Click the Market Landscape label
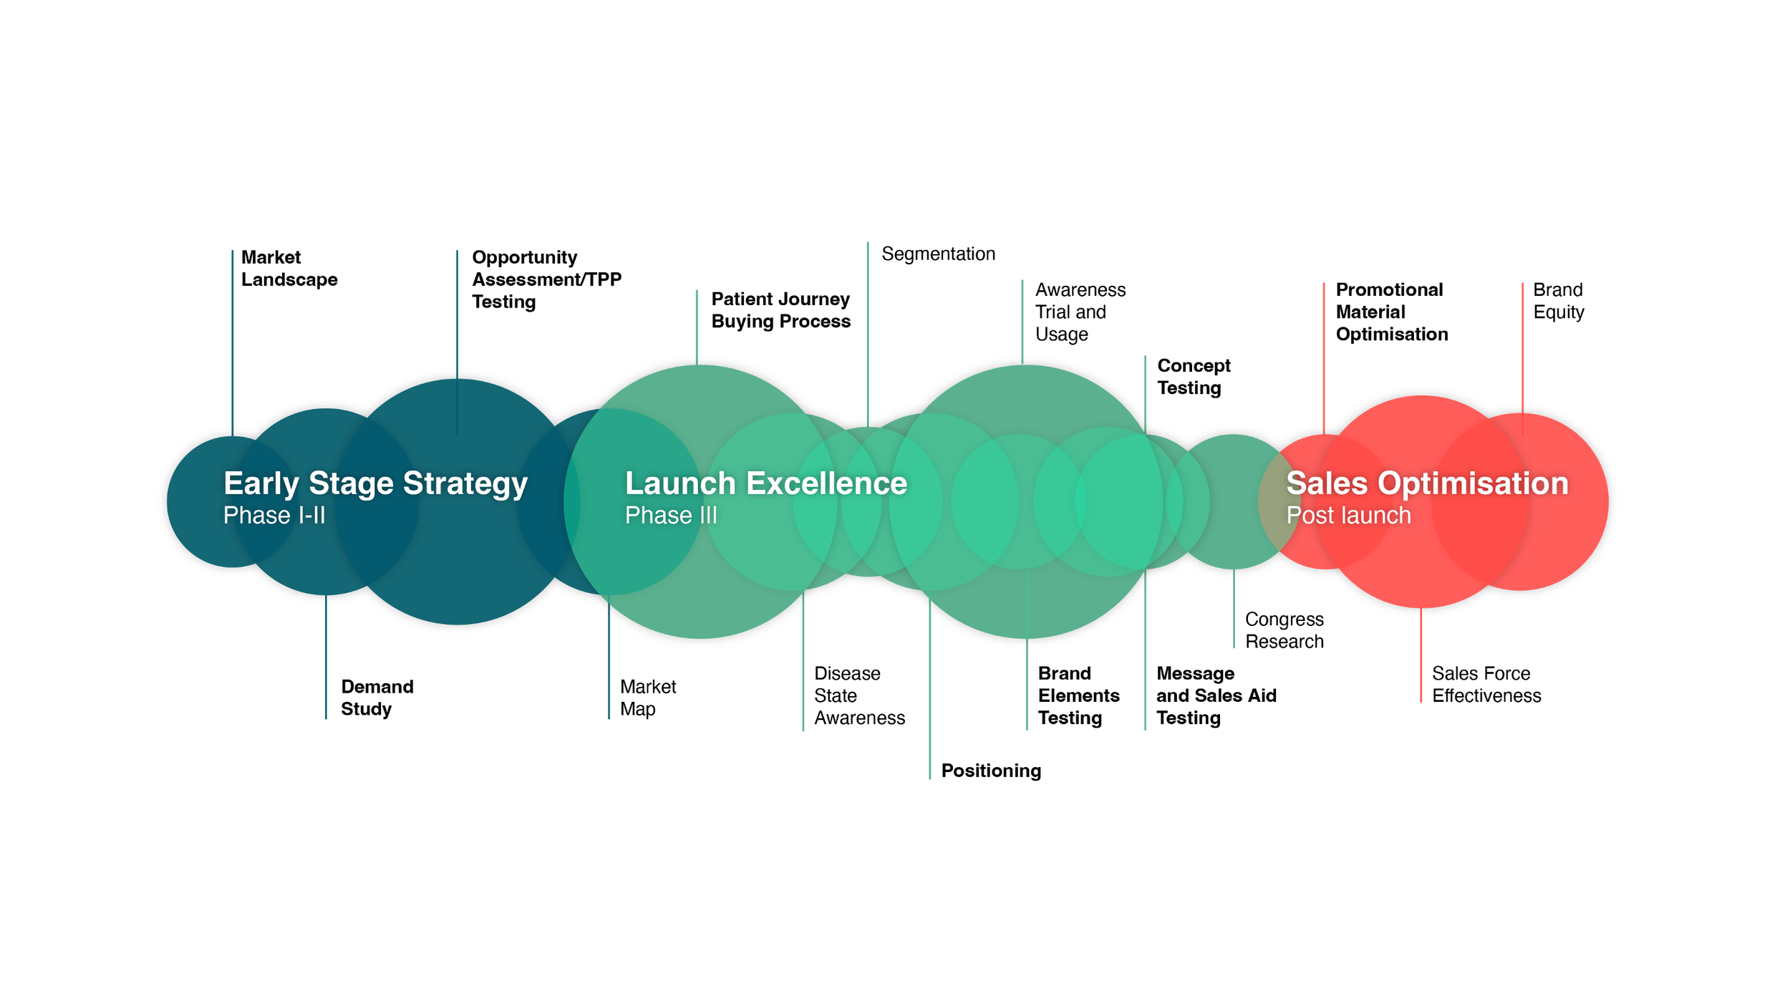(289, 268)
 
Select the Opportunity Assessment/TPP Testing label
(546, 279)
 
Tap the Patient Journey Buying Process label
(780, 309)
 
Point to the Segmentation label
(938, 254)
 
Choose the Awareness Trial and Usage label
(1080, 312)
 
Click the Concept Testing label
(1194, 377)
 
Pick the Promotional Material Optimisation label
(1391, 312)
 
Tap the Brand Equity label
(1558, 301)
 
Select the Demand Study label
(377, 698)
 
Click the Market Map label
(647, 698)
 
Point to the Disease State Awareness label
(859, 695)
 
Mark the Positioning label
(991, 771)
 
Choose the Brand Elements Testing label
(1078, 695)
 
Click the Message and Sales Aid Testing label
(1216, 695)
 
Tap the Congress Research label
(1284, 630)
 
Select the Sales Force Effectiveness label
(1486, 685)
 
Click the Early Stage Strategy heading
(375, 483)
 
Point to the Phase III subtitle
(670, 516)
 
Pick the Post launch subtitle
(1348, 516)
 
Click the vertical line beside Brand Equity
(1522, 358)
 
